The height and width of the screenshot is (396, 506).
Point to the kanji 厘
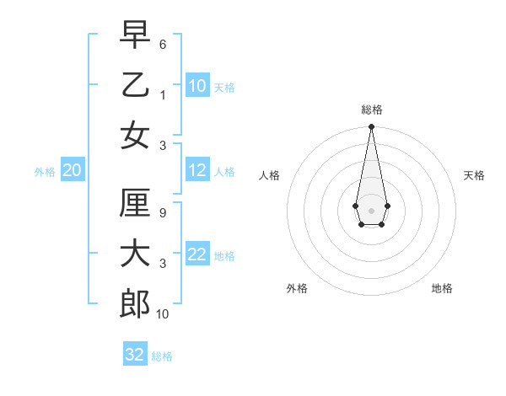click(135, 203)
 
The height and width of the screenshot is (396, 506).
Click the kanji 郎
click(135, 303)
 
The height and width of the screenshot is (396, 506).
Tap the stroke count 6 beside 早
click(163, 43)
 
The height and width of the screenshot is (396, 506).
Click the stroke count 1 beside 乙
click(163, 94)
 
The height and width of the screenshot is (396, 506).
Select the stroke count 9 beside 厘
click(163, 213)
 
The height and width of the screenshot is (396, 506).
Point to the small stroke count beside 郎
click(163, 314)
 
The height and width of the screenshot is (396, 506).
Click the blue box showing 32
click(135, 355)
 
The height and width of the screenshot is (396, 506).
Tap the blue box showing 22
click(197, 254)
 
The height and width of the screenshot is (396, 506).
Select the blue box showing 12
click(197, 170)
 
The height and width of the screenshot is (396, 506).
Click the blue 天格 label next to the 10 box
click(224, 87)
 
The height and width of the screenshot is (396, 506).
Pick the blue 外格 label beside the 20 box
click(45, 172)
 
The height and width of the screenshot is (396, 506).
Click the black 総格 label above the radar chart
click(372, 110)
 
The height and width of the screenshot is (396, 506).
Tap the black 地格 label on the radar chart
click(442, 288)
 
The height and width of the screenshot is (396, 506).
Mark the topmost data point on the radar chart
click(371, 127)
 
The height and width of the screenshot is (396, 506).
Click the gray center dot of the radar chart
click(371, 210)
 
